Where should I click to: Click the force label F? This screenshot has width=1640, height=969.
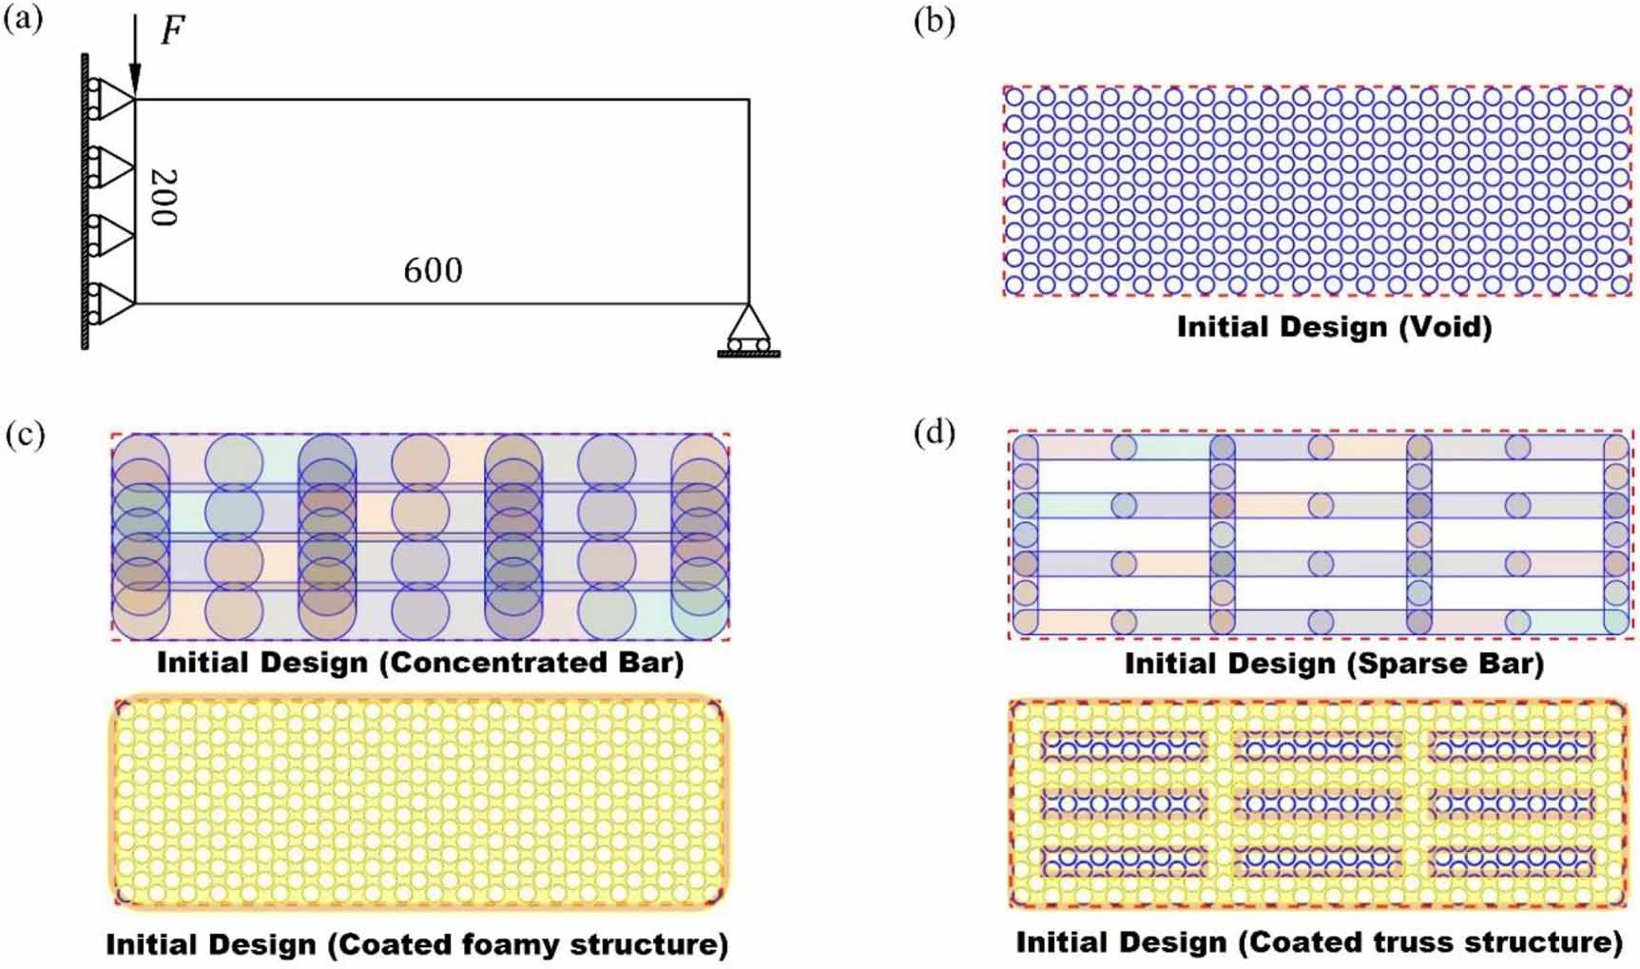[x=172, y=30]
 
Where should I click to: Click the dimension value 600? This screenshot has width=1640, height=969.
[x=433, y=271]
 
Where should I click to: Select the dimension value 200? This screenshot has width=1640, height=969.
[x=164, y=198]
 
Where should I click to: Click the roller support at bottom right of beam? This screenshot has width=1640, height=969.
[x=748, y=331]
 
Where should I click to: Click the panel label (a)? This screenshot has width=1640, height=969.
[x=23, y=19]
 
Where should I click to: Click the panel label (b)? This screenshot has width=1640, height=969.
[x=934, y=21]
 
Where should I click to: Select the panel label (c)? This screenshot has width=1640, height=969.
[x=25, y=435]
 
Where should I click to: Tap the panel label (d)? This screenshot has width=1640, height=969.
[x=934, y=433]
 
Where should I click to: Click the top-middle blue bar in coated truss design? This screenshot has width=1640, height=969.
[x=1317, y=746]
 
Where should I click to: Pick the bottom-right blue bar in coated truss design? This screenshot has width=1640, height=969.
[x=1512, y=862]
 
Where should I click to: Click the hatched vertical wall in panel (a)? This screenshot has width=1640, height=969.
[x=85, y=200]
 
